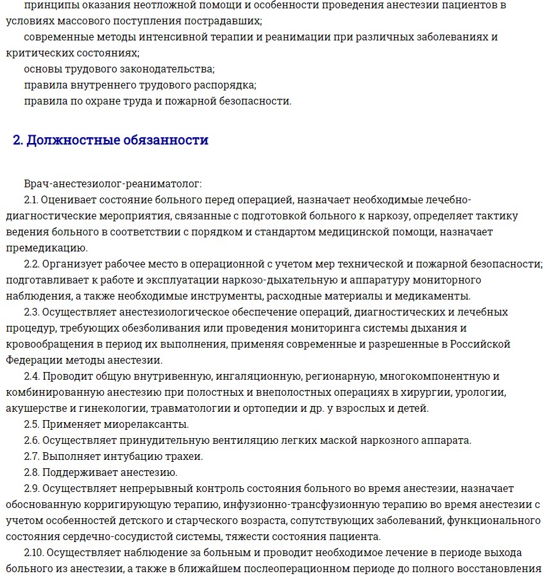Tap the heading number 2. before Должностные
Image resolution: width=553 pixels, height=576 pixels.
(x=19, y=140)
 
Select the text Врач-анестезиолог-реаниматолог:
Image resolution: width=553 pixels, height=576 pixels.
(x=113, y=183)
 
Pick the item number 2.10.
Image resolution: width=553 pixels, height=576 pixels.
(x=35, y=552)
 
